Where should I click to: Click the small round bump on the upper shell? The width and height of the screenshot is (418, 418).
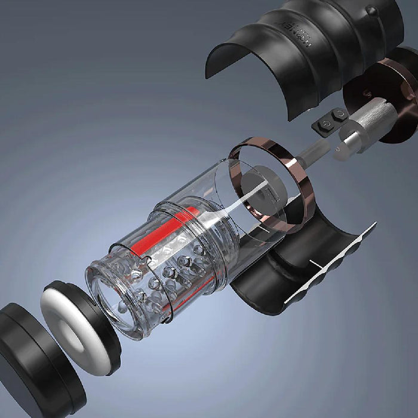(371, 10)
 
